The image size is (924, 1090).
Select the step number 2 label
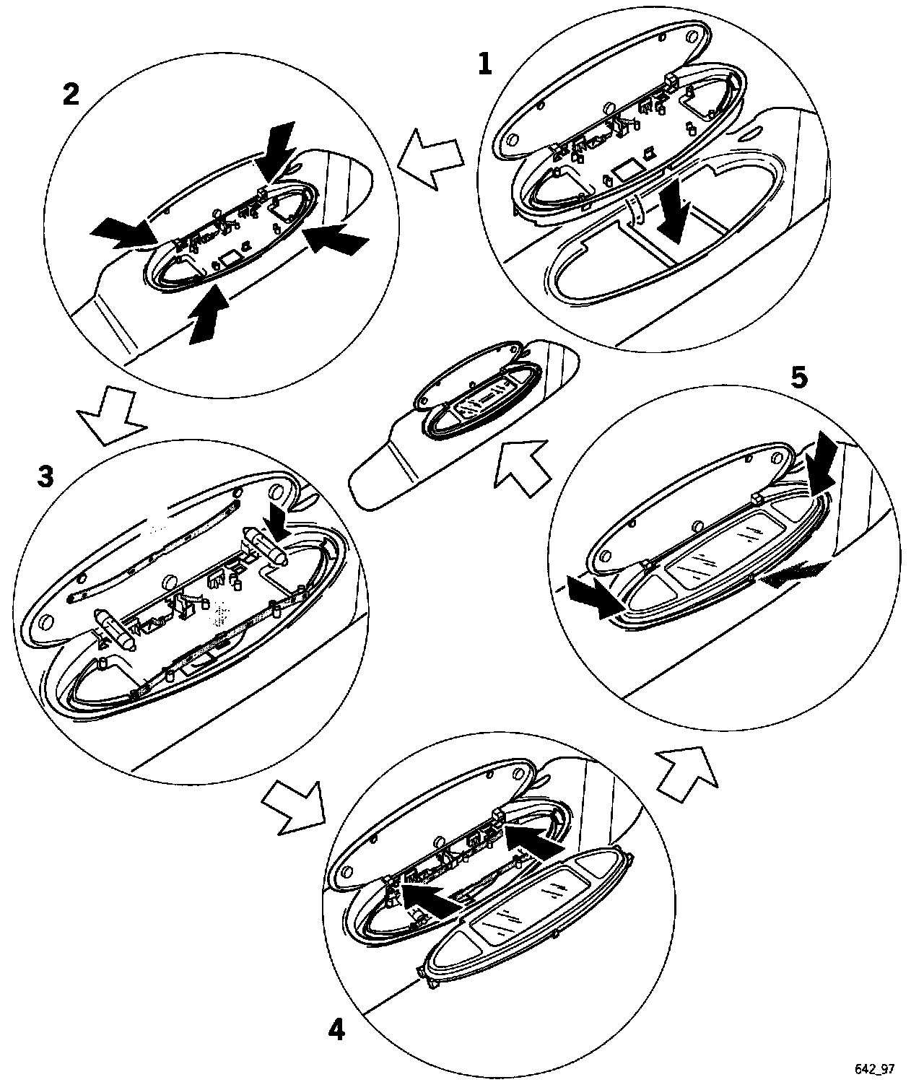[x=71, y=95]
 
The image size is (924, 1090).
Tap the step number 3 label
[x=45, y=476]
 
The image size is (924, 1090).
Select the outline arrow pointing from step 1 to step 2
[x=430, y=158]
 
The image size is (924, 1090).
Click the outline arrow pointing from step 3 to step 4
[x=292, y=807]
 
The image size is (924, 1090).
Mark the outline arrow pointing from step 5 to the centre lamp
[x=522, y=467]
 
